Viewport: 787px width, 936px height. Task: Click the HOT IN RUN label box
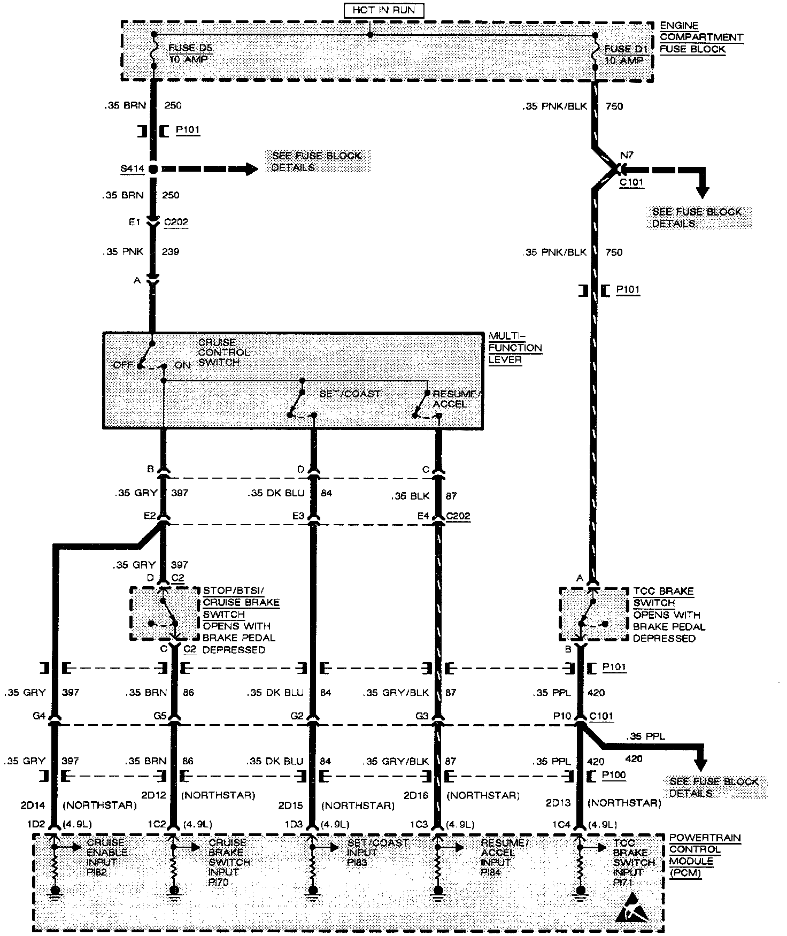click(384, 10)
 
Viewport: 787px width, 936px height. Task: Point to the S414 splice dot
click(153, 169)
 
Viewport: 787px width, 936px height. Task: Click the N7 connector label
click(626, 156)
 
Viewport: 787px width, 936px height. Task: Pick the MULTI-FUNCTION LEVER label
click(515, 348)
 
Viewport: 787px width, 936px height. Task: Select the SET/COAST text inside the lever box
click(350, 394)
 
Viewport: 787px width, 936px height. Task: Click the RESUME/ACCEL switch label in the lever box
click(457, 399)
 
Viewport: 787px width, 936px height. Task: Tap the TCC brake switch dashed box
click(593, 613)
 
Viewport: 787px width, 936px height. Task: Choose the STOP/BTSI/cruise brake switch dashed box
click(164, 613)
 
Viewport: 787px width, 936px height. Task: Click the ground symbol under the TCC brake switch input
click(580, 892)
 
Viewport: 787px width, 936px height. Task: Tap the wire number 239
click(171, 252)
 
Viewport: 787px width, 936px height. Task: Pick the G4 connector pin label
click(38, 715)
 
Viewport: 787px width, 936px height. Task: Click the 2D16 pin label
click(416, 795)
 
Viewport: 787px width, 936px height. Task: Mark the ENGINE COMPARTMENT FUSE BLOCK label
click(700, 37)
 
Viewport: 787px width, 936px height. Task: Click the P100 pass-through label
click(613, 775)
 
